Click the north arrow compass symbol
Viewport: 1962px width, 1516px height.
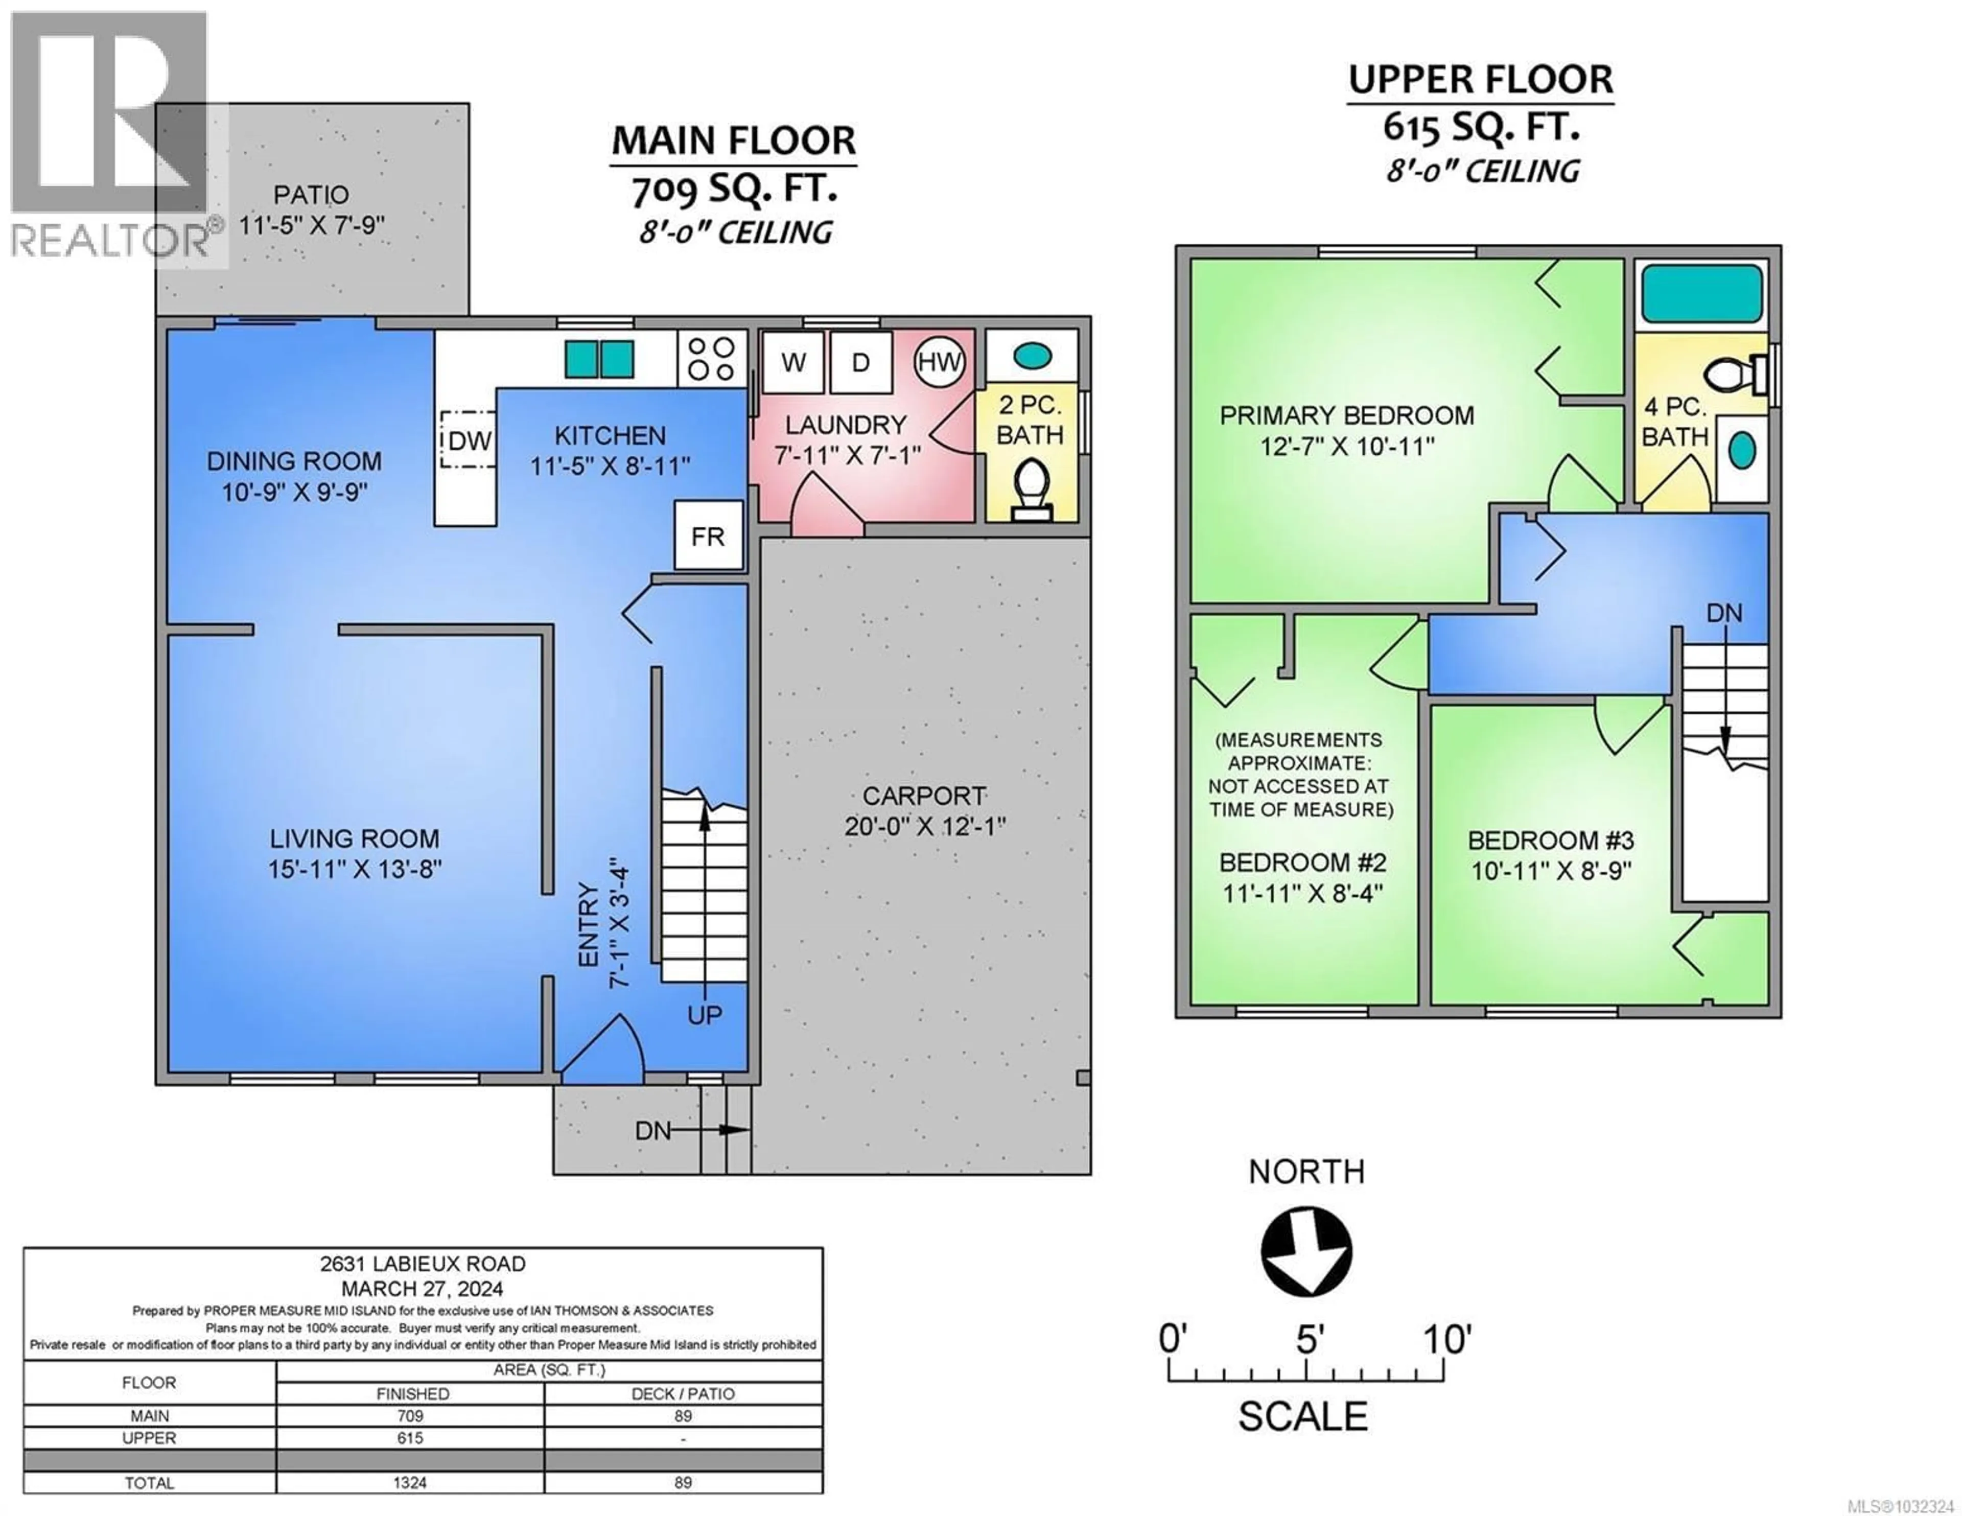click(1306, 1251)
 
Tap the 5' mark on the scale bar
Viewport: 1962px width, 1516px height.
click(1306, 1366)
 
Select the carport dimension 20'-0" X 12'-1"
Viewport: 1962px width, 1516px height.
click(924, 826)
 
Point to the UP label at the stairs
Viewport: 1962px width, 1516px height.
click(704, 1015)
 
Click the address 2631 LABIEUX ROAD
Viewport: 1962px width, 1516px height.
click(422, 1264)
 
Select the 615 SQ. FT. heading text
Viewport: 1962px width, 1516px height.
click(1481, 127)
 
